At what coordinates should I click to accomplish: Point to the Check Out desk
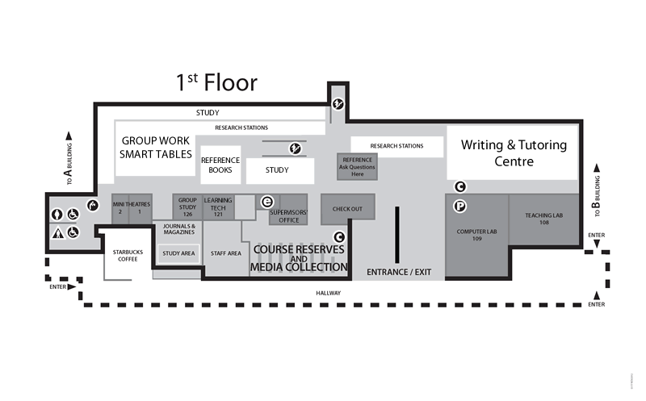pos(347,209)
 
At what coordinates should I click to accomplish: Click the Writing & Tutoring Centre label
pos(514,152)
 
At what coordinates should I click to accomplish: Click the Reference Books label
pos(220,165)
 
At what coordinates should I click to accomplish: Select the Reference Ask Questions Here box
pos(357,167)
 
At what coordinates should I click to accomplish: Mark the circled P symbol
pos(459,207)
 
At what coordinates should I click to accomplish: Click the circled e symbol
pos(266,202)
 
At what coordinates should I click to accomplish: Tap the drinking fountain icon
pos(93,206)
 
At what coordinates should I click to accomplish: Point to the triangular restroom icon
pos(58,233)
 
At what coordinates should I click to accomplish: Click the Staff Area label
pos(226,253)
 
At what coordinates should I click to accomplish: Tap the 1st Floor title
pos(216,82)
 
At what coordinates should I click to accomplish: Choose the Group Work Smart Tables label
pos(156,147)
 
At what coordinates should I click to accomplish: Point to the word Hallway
pos(329,293)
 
